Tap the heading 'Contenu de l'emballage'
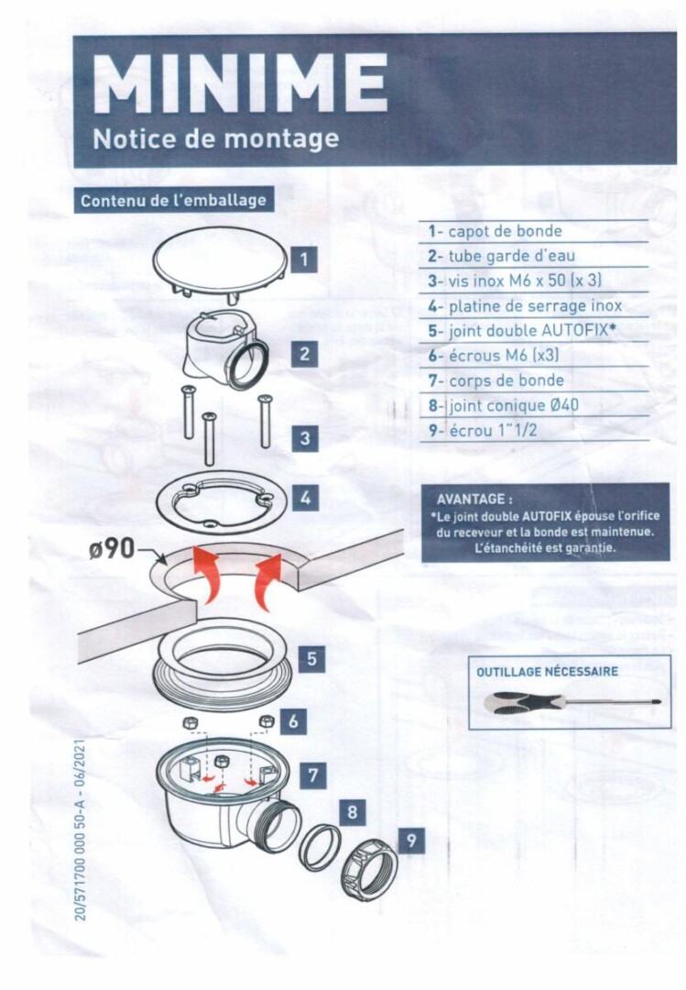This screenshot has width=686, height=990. [173, 201]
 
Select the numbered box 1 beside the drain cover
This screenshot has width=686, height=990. [304, 258]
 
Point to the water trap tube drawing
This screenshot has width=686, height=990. [224, 349]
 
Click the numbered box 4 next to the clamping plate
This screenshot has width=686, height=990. [306, 498]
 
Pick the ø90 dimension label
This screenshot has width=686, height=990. [112, 549]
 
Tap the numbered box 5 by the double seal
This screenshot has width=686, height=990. [311, 659]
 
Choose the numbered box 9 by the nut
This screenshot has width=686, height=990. [411, 841]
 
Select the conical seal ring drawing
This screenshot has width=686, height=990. [320, 847]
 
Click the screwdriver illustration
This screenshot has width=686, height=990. [572, 703]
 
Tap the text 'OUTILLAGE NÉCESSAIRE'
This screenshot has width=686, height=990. [547, 671]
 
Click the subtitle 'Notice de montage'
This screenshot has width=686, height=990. [216, 139]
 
